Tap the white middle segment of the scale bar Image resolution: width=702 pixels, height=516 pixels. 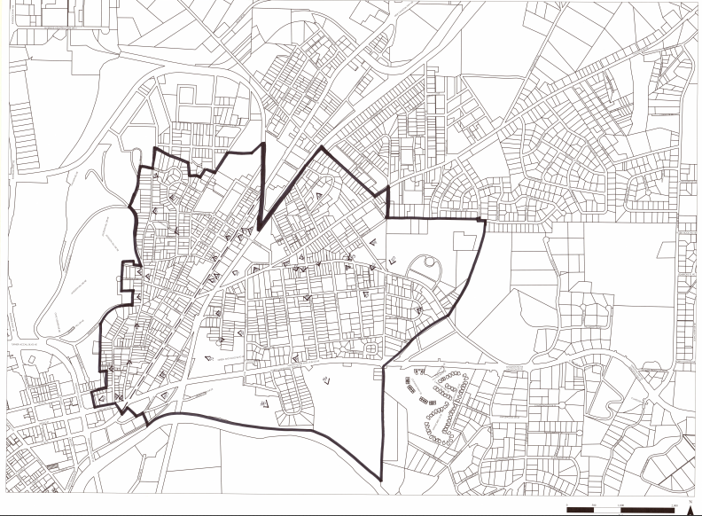607,511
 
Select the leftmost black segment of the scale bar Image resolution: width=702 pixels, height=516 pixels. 580,511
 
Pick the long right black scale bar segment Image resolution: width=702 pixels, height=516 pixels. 648,511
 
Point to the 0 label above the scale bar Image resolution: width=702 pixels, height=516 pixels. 566,504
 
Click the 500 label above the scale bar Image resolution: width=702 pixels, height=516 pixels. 594,504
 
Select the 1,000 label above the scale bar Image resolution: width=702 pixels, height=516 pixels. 620,504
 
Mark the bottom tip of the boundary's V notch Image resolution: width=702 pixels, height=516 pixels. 259,227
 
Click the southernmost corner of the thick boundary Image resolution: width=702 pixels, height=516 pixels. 382,480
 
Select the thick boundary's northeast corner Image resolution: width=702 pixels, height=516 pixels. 485,220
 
